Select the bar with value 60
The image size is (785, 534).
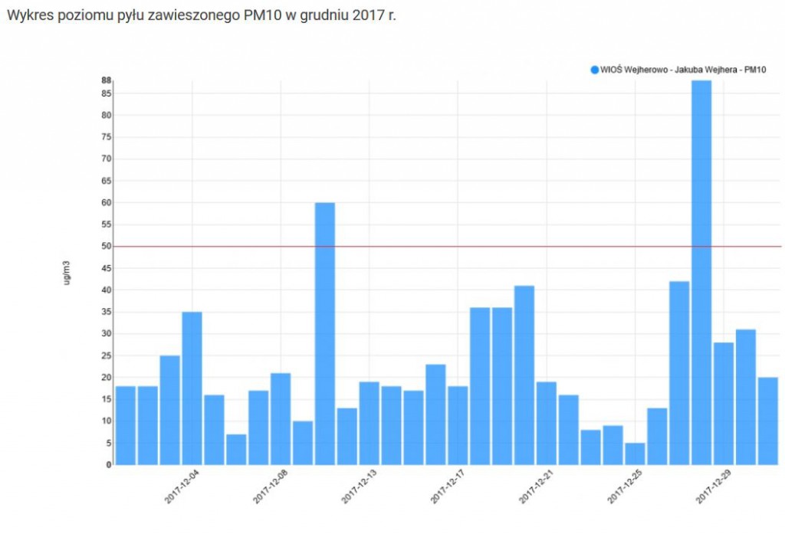coord(325,333)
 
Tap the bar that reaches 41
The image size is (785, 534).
coord(524,375)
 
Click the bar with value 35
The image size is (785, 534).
coord(192,388)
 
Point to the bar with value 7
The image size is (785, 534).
coord(236,449)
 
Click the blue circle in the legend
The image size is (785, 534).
coord(594,70)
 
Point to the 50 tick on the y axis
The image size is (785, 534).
coord(107,247)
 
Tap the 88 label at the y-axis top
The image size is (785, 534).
coord(107,80)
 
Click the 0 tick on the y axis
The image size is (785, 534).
coord(110,464)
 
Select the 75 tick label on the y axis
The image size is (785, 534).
coord(107,138)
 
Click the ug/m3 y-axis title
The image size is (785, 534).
coord(67,273)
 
